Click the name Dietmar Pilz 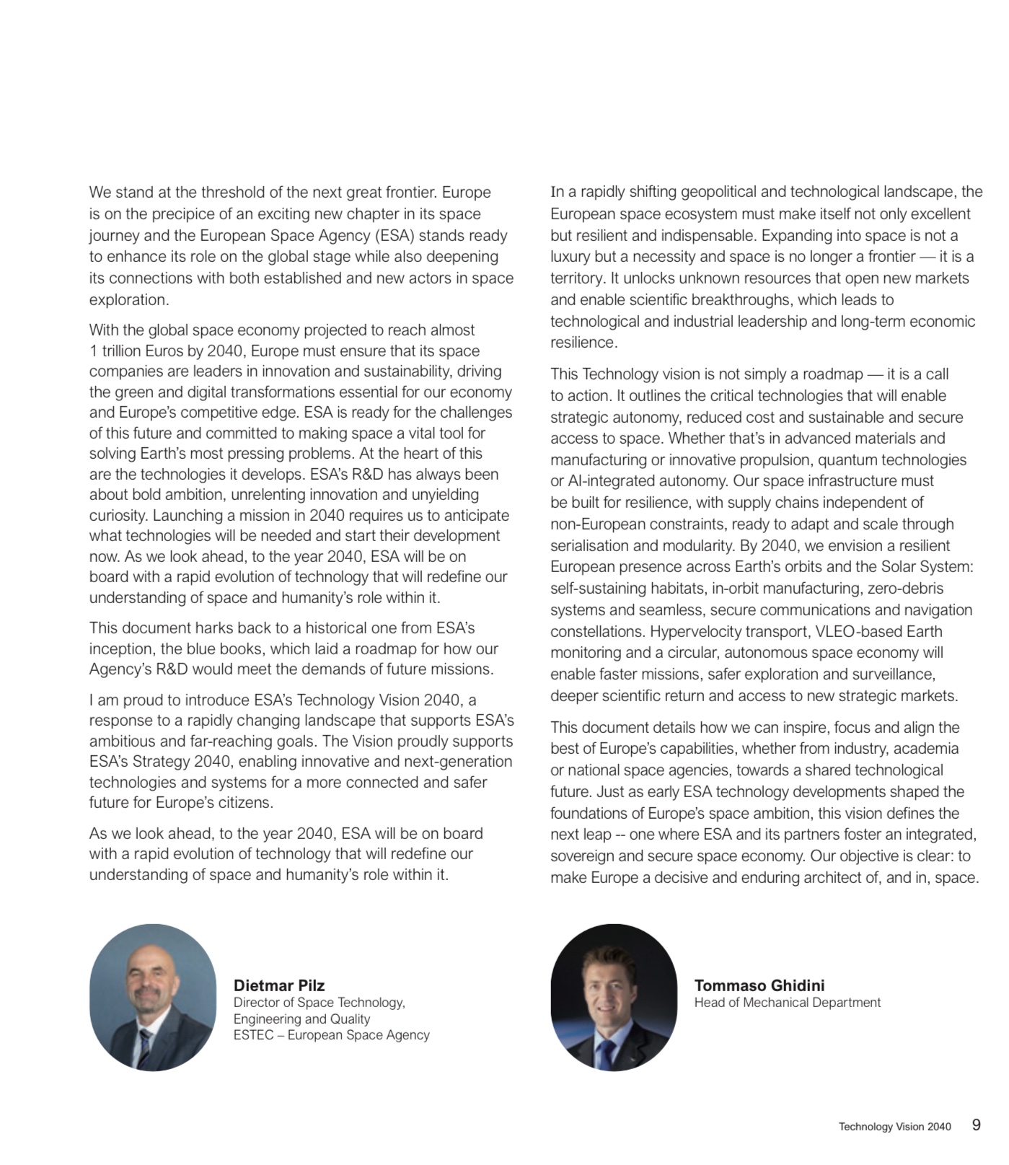point(278,985)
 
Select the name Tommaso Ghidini point(759,985)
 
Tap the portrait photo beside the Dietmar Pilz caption point(152,997)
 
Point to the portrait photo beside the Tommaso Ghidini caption point(613,997)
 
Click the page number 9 point(976,1125)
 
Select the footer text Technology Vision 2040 point(894,1127)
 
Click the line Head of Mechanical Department point(787,1003)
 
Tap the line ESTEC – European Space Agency point(331,1035)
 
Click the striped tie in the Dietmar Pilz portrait point(146,1050)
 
